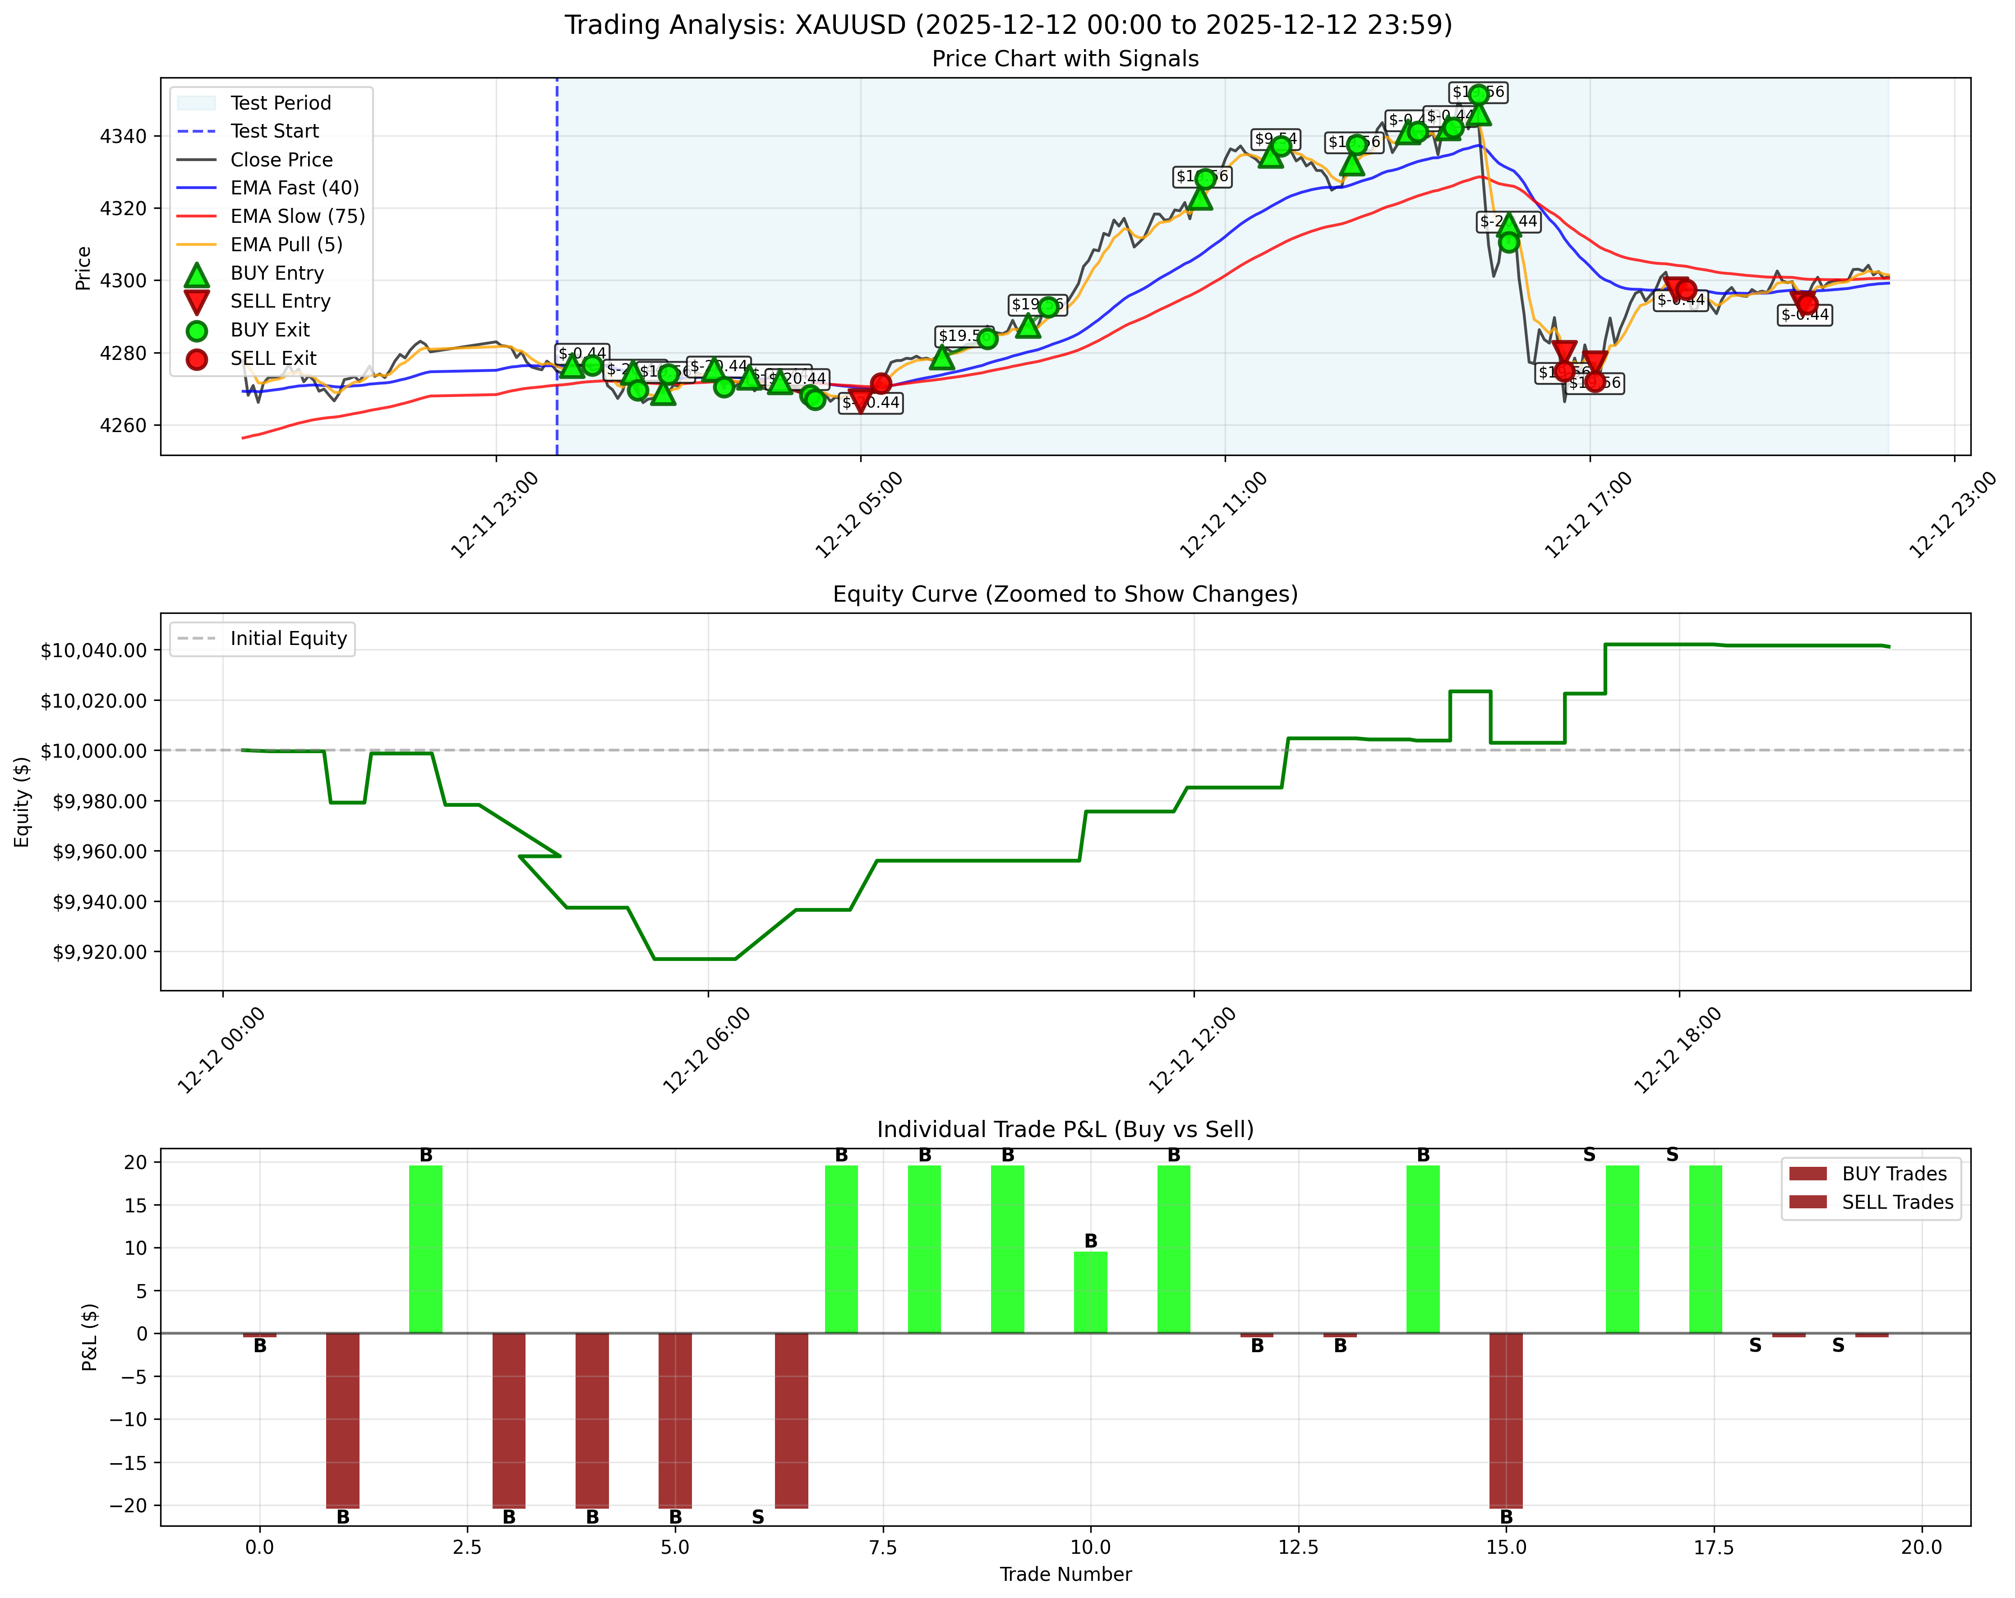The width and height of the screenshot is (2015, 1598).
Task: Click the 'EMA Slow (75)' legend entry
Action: pyautogui.click(x=297, y=216)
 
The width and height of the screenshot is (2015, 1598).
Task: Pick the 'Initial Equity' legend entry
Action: pyautogui.click(x=288, y=638)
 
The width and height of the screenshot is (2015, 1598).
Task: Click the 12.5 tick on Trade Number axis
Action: pyautogui.click(x=1298, y=1547)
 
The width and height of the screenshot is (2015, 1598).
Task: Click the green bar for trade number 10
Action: pyautogui.click(x=1090, y=1292)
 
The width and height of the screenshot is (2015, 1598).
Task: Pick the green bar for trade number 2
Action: pyautogui.click(x=425, y=1249)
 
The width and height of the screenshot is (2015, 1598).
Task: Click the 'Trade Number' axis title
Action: pyautogui.click(x=1065, y=1575)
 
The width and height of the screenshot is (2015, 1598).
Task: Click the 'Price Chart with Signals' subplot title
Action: pyautogui.click(x=1065, y=59)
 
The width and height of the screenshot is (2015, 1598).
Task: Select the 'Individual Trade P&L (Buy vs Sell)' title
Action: pyautogui.click(x=1065, y=1130)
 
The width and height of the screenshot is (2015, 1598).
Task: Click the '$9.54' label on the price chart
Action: pyautogui.click(x=1276, y=139)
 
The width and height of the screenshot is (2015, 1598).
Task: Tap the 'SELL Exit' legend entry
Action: pyautogui.click(x=273, y=358)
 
